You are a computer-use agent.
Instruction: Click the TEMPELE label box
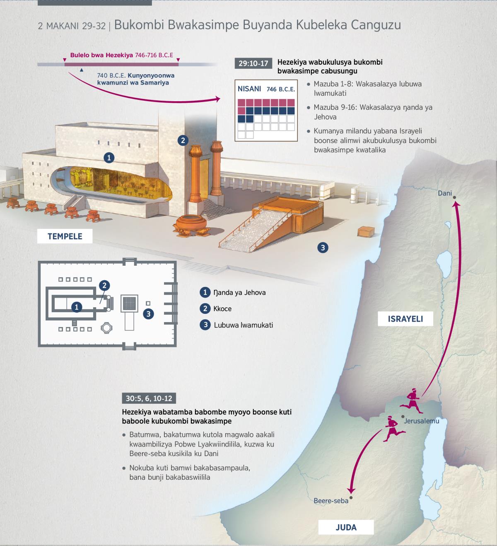point(65,236)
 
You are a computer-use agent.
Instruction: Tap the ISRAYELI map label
point(405,319)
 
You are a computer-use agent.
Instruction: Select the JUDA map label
point(346,527)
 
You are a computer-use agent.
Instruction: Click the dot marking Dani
point(454,197)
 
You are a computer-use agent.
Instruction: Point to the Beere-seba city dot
point(351,497)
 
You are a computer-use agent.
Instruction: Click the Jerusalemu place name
point(421,421)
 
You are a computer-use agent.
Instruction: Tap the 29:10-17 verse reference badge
point(253,63)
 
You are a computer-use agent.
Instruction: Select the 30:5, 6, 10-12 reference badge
point(149,398)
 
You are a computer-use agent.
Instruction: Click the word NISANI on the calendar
point(249,89)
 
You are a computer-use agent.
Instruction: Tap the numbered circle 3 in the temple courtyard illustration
point(323,248)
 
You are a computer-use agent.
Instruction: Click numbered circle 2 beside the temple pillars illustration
point(183,141)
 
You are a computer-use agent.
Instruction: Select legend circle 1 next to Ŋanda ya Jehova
point(205,292)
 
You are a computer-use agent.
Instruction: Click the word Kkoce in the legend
point(222,309)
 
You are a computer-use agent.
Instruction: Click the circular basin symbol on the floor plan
point(106,328)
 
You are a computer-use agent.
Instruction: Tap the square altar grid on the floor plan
point(129,303)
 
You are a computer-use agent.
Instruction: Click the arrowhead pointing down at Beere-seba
point(351,490)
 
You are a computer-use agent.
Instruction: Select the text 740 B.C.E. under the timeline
point(111,75)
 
